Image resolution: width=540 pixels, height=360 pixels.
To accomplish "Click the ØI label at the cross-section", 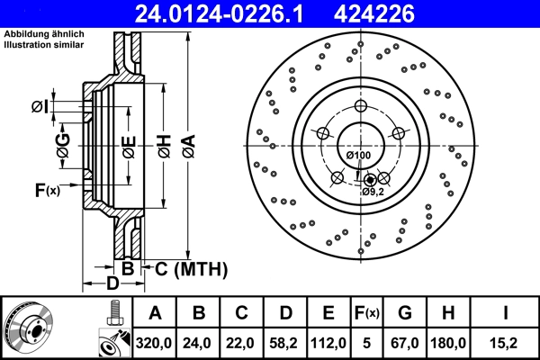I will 39,108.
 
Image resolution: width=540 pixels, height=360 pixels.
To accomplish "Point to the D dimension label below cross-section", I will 112,284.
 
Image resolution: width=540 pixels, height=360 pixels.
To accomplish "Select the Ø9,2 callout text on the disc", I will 373,192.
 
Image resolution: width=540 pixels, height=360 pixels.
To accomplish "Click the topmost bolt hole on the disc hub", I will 361,107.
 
